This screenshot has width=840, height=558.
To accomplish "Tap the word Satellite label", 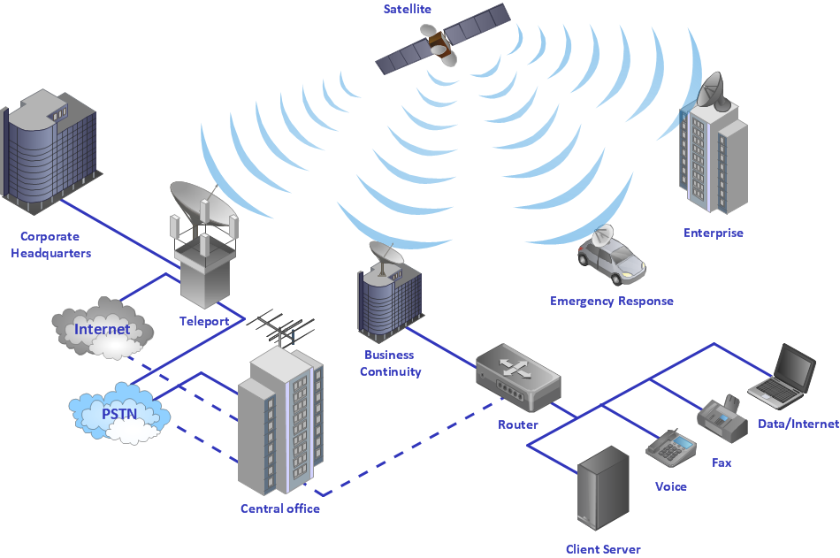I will coord(408,10).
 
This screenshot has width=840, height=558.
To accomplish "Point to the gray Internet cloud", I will coord(102,330).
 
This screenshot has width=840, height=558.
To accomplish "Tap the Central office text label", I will coord(280,508).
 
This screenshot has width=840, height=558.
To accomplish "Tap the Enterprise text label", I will coord(713,233).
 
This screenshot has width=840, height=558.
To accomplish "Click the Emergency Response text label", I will coord(611,302).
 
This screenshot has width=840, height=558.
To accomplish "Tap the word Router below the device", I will coord(517,425).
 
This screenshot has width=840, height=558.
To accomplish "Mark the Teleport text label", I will coord(204,321).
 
